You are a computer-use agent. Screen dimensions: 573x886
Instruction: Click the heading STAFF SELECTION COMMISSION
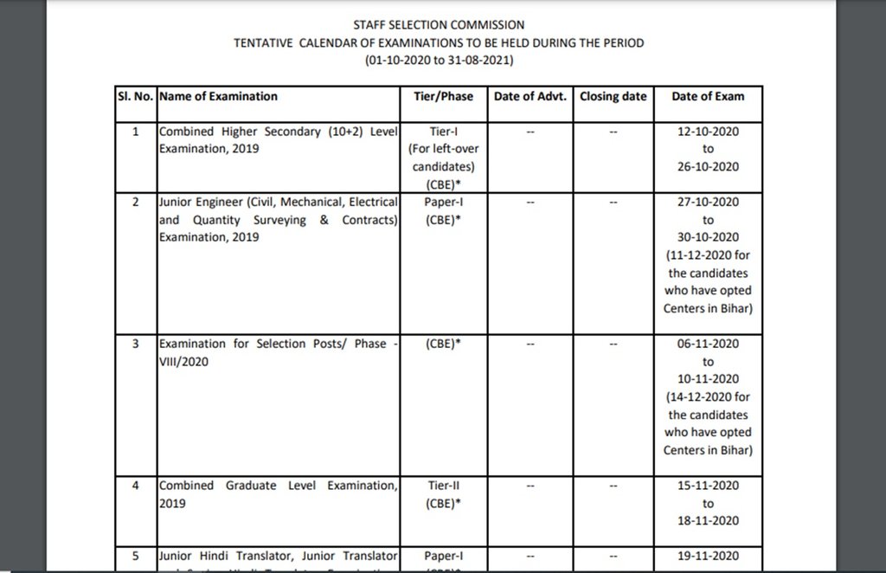pyautogui.click(x=439, y=25)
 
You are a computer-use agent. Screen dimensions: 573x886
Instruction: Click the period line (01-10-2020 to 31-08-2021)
pyautogui.click(x=440, y=61)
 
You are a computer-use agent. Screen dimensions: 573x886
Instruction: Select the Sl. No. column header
pyautogui.click(x=135, y=96)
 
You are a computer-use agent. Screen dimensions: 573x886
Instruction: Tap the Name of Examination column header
pyautogui.click(x=218, y=96)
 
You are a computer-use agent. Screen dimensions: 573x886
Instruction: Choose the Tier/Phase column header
pyautogui.click(x=445, y=96)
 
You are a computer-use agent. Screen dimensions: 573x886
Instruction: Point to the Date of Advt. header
pyautogui.click(x=530, y=96)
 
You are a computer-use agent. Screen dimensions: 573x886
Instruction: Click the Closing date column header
pyautogui.click(x=613, y=96)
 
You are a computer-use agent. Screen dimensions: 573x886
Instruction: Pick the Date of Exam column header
pyautogui.click(x=708, y=96)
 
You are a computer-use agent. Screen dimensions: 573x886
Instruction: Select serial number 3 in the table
pyautogui.click(x=135, y=344)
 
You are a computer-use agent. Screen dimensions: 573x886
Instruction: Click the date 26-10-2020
pyautogui.click(x=708, y=167)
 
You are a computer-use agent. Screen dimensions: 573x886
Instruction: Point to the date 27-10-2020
pyautogui.click(x=708, y=202)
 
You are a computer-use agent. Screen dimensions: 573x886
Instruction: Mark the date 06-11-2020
pyautogui.click(x=708, y=344)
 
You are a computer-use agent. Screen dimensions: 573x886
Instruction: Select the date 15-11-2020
pyautogui.click(x=708, y=486)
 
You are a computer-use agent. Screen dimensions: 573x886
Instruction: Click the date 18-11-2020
pyautogui.click(x=708, y=520)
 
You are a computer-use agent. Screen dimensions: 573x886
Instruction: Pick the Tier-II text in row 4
pyautogui.click(x=445, y=486)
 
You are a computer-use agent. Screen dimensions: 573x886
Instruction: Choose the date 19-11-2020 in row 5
pyautogui.click(x=708, y=555)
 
